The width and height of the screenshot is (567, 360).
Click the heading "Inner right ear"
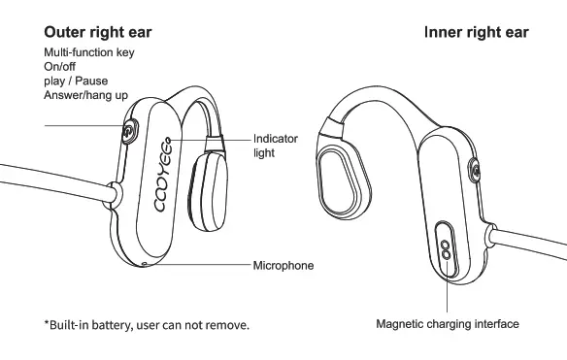coord(476,32)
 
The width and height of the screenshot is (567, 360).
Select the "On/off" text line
coord(61,66)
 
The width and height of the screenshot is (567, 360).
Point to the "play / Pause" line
coord(76,81)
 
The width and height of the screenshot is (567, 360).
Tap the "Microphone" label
coord(283,265)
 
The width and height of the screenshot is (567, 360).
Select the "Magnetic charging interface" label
coord(448,324)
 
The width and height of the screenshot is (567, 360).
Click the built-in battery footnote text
coord(147,324)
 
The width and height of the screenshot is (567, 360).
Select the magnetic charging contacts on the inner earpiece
coord(447,240)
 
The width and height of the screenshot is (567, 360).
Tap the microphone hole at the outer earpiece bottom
coord(145,262)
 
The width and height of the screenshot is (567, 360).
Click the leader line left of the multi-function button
coord(83,126)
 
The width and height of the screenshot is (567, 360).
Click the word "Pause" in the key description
coord(92,81)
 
